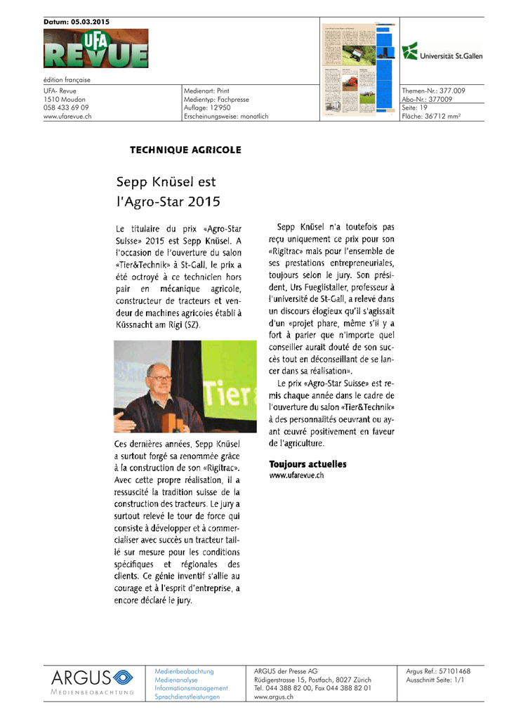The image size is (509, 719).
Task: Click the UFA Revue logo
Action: tap(95, 48)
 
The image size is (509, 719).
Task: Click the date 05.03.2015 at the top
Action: tap(89, 22)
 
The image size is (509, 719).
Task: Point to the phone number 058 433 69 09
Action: tap(66, 107)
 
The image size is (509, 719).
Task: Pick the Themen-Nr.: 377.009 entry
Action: tap(433, 91)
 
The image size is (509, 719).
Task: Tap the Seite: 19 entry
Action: tap(415, 107)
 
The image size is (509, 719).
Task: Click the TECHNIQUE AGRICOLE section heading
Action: tap(185, 150)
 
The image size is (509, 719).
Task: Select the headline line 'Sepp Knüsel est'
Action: tap(166, 182)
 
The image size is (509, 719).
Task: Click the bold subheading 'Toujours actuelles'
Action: tap(308, 464)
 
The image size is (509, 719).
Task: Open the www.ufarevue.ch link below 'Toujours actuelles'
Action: tap(297, 475)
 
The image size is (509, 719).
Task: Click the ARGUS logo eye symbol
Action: tap(122, 678)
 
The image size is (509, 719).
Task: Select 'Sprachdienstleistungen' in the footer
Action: tap(187, 697)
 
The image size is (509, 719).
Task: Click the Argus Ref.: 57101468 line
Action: tap(438, 671)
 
